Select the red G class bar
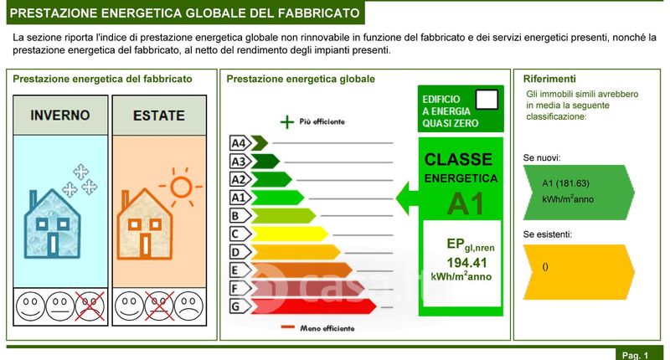[313, 306]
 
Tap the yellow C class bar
[290, 234]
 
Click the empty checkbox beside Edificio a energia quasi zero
[487, 100]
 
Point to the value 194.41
[466, 263]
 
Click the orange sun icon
[181, 187]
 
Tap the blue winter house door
[53, 244]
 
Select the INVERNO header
[60, 115]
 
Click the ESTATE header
[159, 116]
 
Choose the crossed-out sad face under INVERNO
[90, 306]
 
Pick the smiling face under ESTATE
[130, 306]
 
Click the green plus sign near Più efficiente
[287, 122]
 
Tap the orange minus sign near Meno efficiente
[288, 327]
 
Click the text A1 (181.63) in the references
[566, 183]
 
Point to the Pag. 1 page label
[636, 355]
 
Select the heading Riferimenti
[549, 79]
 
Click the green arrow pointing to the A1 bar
[407, 198]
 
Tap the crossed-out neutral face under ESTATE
[159, 306]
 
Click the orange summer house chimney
[125, 199]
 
